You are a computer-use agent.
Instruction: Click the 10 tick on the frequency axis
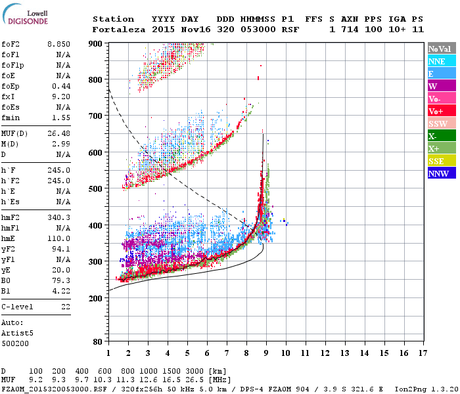coord(285,353)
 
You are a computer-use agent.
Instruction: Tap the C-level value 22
coord(65,307)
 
